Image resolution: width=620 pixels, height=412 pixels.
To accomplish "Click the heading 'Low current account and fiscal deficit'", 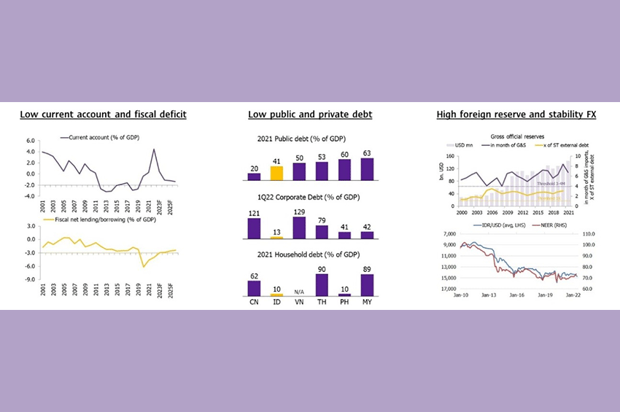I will tap(103, 114).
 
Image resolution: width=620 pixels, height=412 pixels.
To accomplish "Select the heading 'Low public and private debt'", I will tap(310, 114).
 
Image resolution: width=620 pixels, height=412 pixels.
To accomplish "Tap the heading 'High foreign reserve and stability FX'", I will tap(516, 114).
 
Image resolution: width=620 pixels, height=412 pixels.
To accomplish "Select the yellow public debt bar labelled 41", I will tap(276, 173).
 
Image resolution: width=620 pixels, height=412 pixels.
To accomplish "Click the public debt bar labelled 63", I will tap(367, 168).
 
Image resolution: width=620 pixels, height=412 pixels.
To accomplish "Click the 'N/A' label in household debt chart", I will tap(299, 292).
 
